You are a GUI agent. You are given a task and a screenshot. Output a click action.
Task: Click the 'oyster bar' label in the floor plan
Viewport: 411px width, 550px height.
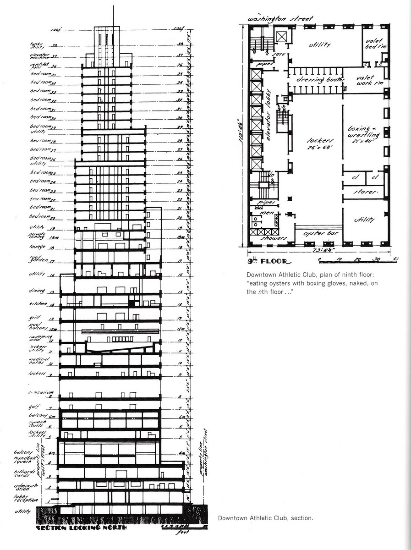tap(318, 233)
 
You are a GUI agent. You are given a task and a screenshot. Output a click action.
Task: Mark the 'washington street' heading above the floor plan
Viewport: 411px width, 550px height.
tap(280, 19)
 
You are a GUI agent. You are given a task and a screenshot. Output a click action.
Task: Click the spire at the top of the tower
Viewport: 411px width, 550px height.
tap(113, 14)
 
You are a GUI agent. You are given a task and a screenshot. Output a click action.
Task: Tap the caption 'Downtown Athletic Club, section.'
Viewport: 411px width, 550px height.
tap(265, 518)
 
